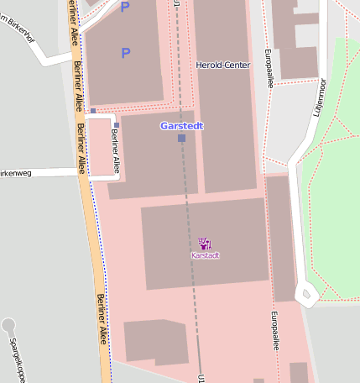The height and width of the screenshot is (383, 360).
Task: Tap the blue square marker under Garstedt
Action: pyautogui.click(x=181, y=138)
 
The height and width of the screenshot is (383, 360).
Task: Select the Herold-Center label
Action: pyautogui.click(x=222, y=65)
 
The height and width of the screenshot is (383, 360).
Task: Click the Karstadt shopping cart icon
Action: pyautogui.click(x=205, y=244)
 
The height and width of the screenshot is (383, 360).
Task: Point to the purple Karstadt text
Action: pyautogui.click(x=205, y=255)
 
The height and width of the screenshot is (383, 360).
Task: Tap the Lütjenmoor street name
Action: pyautogui.click(x=319, y=97)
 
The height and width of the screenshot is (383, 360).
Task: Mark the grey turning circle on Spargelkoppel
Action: pyautogui.click(x=9, y=324)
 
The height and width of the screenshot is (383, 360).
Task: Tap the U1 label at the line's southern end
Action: pyautogui.click(x=201, y=378)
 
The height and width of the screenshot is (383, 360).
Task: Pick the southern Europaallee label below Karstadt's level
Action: pyautogui.click(x=274, y=331)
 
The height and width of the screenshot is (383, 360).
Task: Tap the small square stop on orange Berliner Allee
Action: pyautogui.click(x=93, y=111)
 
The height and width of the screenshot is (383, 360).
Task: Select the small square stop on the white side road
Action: pyautogui.click(x=117, y=125)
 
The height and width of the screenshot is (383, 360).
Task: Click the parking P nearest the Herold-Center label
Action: pyautogui.click(x=126, y=53)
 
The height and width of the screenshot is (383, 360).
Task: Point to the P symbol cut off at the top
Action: pyautogui.click(x=126, y=7)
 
